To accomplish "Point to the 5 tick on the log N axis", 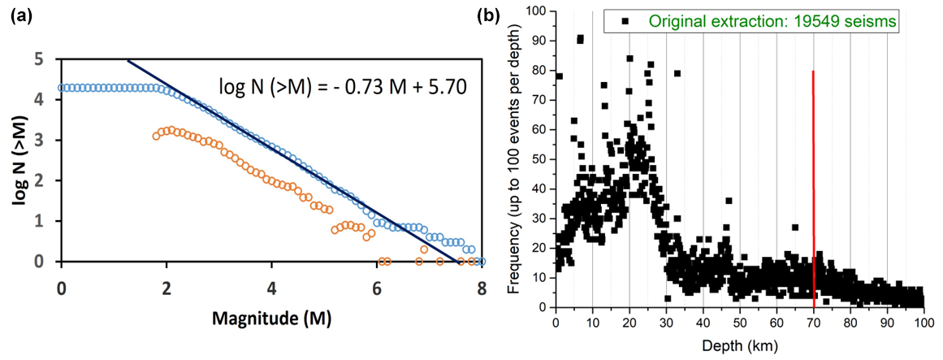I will [x=40, y=59].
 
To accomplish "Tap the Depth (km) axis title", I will [x=738, y=345].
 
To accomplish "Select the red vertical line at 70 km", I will [x=814, y=187].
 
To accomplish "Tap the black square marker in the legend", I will [x=625, y=22].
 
